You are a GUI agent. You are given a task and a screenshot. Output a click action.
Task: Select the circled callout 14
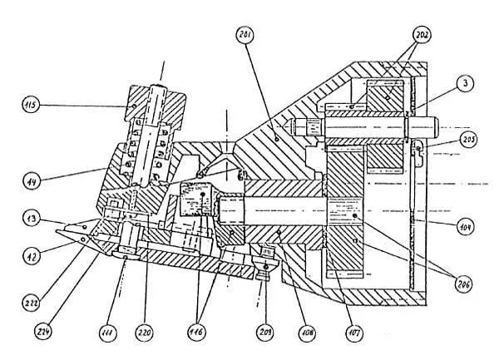pyautogui.click(x=32, y=177)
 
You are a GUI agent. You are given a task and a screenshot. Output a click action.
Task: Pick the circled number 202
pyautogui.click(x=423, y=36)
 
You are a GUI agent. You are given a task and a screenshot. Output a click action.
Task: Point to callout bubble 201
pyautogui.click(x=245, y=36)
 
